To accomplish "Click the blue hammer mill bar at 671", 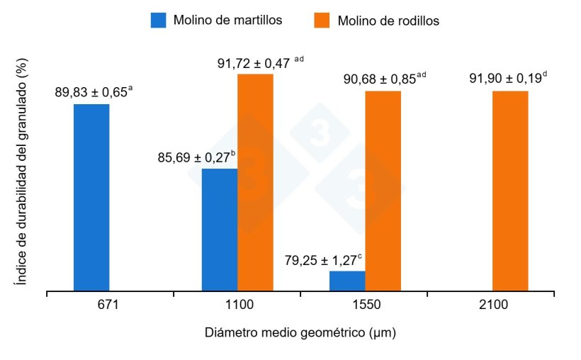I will [91, 197].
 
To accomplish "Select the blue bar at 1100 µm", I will [220, 230].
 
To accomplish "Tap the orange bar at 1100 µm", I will [255, 182].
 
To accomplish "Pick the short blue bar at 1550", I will [347, 281].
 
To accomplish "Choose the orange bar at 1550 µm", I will [383, 191].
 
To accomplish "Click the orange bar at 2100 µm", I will [510, 191].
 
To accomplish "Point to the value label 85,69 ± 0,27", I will [196, 158].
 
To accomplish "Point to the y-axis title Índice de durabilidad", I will [23, 174].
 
